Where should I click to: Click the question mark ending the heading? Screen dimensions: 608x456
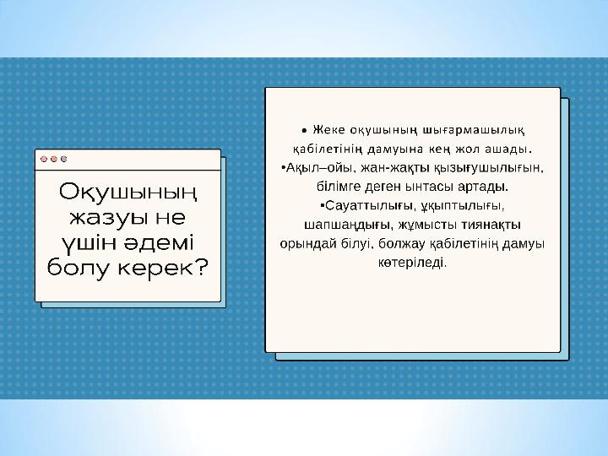point(202,267)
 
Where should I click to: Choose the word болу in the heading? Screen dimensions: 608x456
point(79,269)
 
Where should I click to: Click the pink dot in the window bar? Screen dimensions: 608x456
point(44,159)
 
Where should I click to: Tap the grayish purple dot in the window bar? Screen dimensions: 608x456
point(64,159)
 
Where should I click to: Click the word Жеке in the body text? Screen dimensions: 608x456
point(328,130)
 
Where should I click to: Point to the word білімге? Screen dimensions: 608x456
point(339,187)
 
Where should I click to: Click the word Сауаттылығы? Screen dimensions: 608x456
point(371,206)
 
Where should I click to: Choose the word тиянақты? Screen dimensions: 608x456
point(491,225)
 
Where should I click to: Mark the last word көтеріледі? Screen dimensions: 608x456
point(412,263)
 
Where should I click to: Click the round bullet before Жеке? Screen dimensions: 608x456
point(304,131)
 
